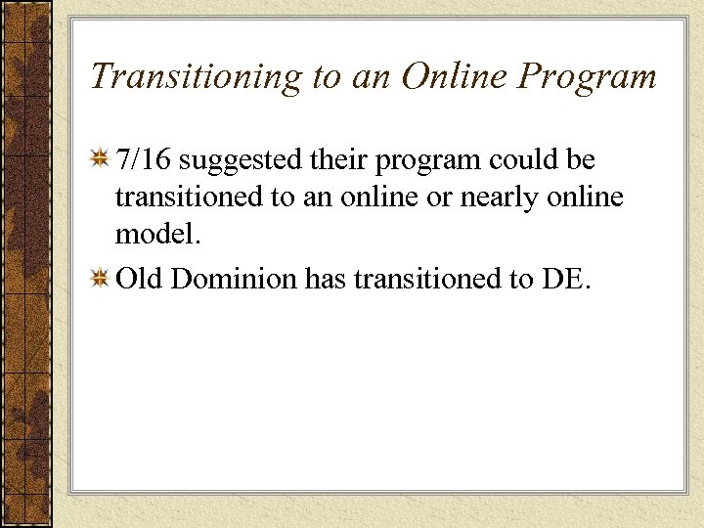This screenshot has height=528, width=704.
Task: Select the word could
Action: point(526,158)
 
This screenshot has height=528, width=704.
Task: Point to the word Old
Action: point(138,280)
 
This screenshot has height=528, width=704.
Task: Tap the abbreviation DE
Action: point(564,280)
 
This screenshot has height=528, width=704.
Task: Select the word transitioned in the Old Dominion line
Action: point(423,280)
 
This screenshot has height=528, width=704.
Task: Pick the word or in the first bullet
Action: point(441,198)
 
